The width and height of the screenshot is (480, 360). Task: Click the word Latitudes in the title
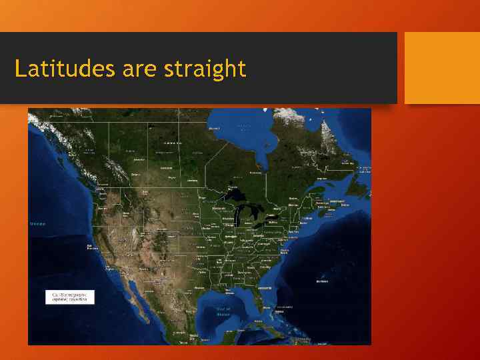click(64, 68)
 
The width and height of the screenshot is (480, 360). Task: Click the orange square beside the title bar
click(442, 68)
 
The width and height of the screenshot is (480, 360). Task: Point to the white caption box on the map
click(70, 297)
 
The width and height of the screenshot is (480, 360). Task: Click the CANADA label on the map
click(174, 143)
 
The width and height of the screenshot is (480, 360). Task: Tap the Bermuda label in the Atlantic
click(322, 281)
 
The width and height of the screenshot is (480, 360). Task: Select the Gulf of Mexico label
click(223, 311)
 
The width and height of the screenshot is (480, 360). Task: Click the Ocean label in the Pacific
click(37, 223)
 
